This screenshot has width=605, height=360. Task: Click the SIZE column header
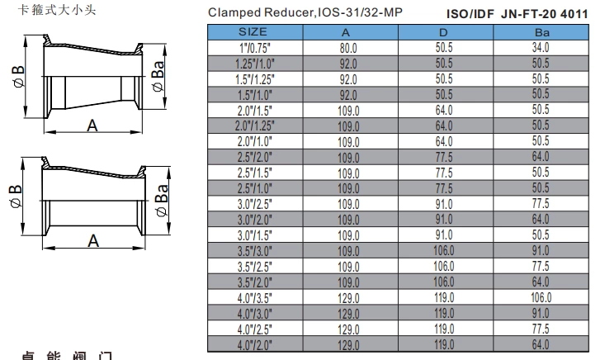254,31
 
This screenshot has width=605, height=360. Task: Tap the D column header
445,31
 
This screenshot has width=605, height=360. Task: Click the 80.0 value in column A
349,48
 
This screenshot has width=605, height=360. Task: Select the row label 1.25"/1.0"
254,64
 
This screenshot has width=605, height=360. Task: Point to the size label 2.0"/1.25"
254,126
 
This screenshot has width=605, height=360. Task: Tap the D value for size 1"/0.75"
445,48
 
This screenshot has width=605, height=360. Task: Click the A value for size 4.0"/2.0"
349,344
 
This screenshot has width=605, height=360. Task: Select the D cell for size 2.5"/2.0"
445,157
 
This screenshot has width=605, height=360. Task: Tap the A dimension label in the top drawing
92,126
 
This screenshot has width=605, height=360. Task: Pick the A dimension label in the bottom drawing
92,241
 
